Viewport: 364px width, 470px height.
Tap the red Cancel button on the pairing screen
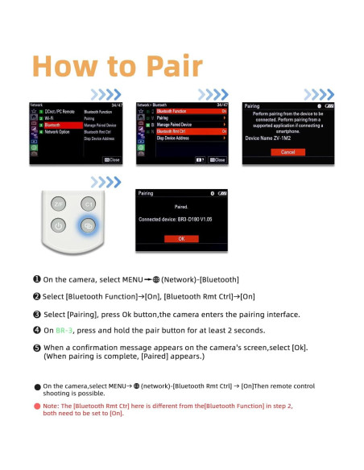287,151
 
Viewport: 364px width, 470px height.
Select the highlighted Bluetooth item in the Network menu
52,125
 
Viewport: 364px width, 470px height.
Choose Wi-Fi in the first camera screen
50,117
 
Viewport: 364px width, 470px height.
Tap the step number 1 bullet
37,278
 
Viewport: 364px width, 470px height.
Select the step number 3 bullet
37,313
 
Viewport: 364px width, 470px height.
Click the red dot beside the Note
37,406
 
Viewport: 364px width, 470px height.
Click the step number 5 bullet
37,347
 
